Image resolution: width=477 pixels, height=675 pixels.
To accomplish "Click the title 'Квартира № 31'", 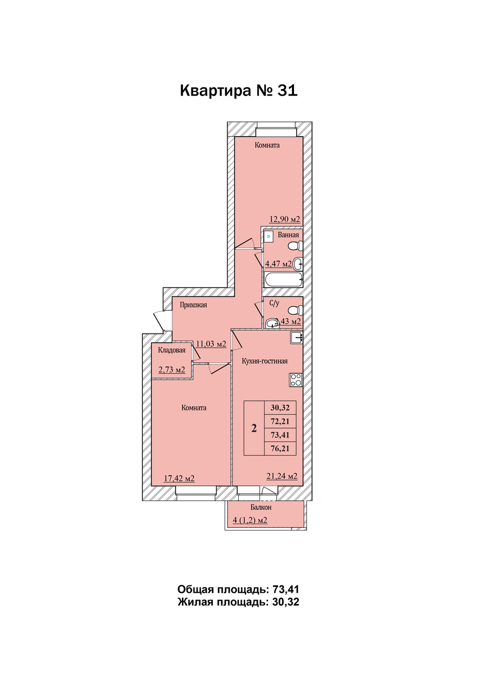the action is click(238, 90).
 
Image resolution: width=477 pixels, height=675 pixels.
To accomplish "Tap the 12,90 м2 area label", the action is click(285, 219).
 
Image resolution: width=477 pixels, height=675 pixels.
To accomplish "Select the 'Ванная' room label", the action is click(288, 235).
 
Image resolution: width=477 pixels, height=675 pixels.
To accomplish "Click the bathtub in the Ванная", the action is click(283, 279).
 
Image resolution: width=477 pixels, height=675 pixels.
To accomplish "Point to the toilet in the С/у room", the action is click(295, 310).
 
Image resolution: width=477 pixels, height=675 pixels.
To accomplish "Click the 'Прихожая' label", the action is click(193, 305).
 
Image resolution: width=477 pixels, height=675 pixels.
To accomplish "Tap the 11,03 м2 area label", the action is click(211, 343).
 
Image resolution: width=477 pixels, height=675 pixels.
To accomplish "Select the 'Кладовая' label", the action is click(172, 351).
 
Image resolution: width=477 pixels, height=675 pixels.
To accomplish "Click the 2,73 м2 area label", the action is click(172, 370).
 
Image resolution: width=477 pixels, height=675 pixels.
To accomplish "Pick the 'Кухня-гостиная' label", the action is click(265, 361).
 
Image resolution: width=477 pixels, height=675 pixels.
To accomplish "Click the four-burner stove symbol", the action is click(296, 380).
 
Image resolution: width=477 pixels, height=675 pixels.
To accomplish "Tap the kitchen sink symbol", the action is click(296, 338).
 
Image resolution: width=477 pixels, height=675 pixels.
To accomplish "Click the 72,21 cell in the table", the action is click(280, 421).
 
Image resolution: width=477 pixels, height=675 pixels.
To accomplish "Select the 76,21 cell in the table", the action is click(280, 448).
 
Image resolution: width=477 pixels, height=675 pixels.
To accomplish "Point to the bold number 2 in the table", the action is click(254, 428).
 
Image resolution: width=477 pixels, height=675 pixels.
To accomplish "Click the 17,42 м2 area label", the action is click(179, 478).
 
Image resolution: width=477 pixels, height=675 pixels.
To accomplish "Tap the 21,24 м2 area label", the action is click(282, 476).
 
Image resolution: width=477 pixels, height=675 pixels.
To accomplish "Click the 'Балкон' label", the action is click(261, 507).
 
